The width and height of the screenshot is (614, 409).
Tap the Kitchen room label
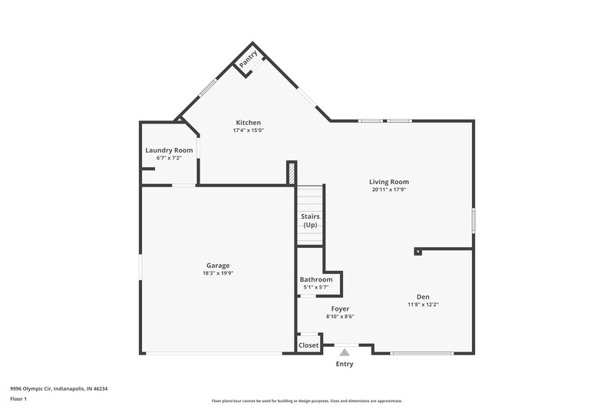pos(248,123)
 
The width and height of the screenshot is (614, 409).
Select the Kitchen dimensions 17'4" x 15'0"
pos(248,130)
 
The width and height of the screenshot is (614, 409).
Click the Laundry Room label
pos(169,150)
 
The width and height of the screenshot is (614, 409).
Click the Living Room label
pos(389,182)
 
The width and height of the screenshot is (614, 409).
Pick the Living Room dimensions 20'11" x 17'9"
pos(389,190)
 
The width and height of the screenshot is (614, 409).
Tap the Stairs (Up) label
pos(310,221)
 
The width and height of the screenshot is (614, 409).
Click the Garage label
pos(217,266)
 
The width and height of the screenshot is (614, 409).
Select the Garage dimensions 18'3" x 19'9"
pos(217,273)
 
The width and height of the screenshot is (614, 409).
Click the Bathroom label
pos(316,280)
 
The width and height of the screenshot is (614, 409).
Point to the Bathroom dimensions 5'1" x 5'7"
pos(316,287)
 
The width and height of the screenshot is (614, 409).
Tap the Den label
pos(423,297)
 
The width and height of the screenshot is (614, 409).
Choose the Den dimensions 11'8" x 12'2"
pos(423,305)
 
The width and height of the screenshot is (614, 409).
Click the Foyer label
pos(340,308)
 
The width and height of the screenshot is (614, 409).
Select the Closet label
pos(309,345)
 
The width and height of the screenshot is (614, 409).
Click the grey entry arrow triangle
pos(345,352)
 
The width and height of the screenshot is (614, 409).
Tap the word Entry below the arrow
pos(345,364)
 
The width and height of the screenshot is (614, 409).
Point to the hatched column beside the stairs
pos(292,173)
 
